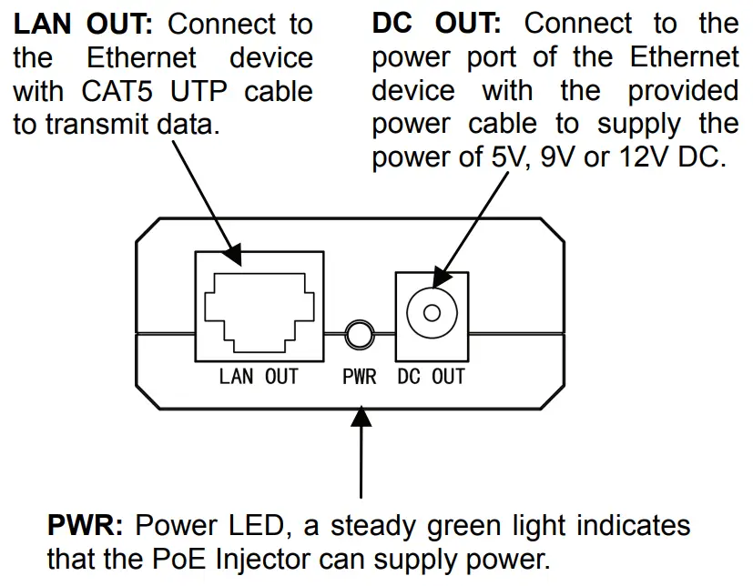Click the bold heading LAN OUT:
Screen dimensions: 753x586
click(83, 24)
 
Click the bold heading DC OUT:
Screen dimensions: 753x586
click(436, 23)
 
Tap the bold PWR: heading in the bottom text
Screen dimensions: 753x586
click(85, 525)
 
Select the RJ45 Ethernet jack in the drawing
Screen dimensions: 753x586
click(259, 307)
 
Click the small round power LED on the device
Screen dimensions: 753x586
click(360, 334)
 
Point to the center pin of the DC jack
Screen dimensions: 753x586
click(432, 313)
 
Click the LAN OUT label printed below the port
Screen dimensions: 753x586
click(259, 377)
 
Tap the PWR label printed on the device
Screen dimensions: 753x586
click(360, 377)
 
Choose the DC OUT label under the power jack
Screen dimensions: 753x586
click(432, 377)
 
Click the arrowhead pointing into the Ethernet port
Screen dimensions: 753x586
click(232, 255)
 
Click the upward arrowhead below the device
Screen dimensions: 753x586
click(361, 416)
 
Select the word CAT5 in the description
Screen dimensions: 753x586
click(117, 91)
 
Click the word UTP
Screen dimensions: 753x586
click(198, 91)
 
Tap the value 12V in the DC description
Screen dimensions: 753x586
click(644, 157)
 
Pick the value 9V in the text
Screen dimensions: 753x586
click(557, 157)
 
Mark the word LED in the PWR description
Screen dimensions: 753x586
click(257, 525)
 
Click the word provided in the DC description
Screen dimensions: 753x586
click(684, 90)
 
